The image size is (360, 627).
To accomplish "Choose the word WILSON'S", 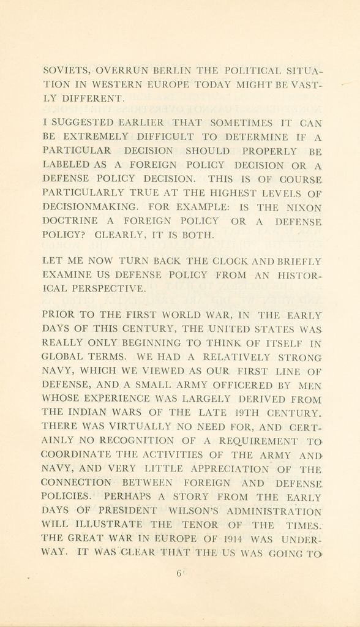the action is coord(187,510).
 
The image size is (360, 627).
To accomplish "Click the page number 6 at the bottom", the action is coord(179,574).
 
